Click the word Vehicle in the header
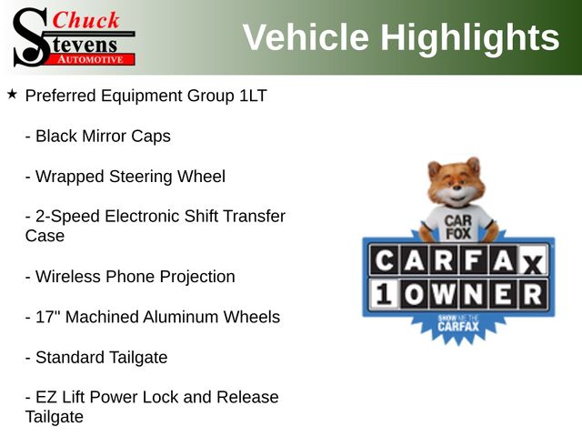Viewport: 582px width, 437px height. pyautogui.click(x=306, y=36)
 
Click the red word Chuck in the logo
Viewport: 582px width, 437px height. pyautogui.click(x=85, y=20)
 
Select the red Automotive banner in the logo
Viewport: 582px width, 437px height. pyautogui.click(x=92, y=59)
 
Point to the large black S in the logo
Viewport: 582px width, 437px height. pyautogui.click(x=30, y=37)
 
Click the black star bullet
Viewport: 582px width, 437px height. pyautogui.click(x=12, y=95)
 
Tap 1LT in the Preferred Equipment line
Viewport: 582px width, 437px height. pyautogui.click(x=253, y=96)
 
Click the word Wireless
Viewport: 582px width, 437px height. pyautogui.click(x=68, y=277)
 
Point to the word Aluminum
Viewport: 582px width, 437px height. pyautogui.click(x=181, y=317)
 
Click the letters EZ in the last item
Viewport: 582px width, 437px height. pyautogui.click(x=46, y=397)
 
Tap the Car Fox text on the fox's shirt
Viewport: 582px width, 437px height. pyautogui.click(x=458, y=227)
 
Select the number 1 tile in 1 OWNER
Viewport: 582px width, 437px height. pyautogui.click(x=384, y=295)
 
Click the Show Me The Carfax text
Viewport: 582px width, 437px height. pyautogui.click(x=458, y=323)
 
